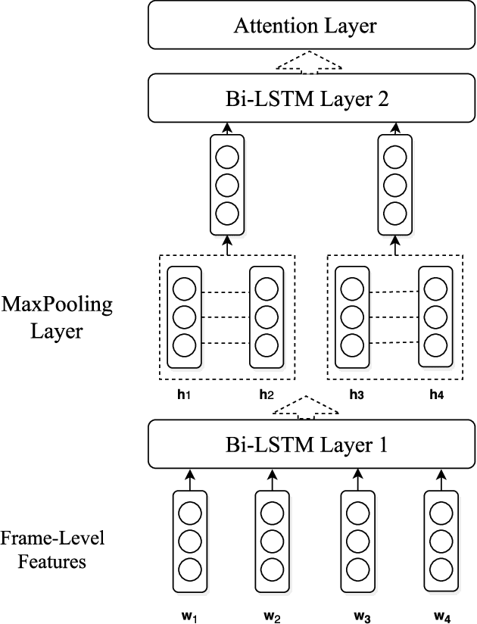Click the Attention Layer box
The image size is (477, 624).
pyautogui.click(x=305, y=27)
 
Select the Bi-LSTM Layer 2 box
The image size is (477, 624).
pyautogui.click(x=305, y=98)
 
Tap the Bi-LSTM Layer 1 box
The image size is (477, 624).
pyautogui.click(x=305, y=445)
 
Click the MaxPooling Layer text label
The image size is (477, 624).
pyautogui.click(x=56, y=317)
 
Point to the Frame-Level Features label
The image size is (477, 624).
pyautogui.click(x=52, y=550)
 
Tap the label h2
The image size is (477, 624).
pyautogui.click(x=267, y=394)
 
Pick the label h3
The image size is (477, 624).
pyautogui.click(x=355, y=394)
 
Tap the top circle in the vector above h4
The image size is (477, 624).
pyautogui.click(x=434, y=289)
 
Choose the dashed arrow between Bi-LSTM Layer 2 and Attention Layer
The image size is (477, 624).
pyautogui.click(x=305, y=61)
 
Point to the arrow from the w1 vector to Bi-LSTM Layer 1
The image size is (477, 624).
pyautogui.click(x=189, y=479)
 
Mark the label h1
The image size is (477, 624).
pyautogui.click(x=182, y=394)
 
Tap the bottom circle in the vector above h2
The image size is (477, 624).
pyautogui.click(x=267, y=345)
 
